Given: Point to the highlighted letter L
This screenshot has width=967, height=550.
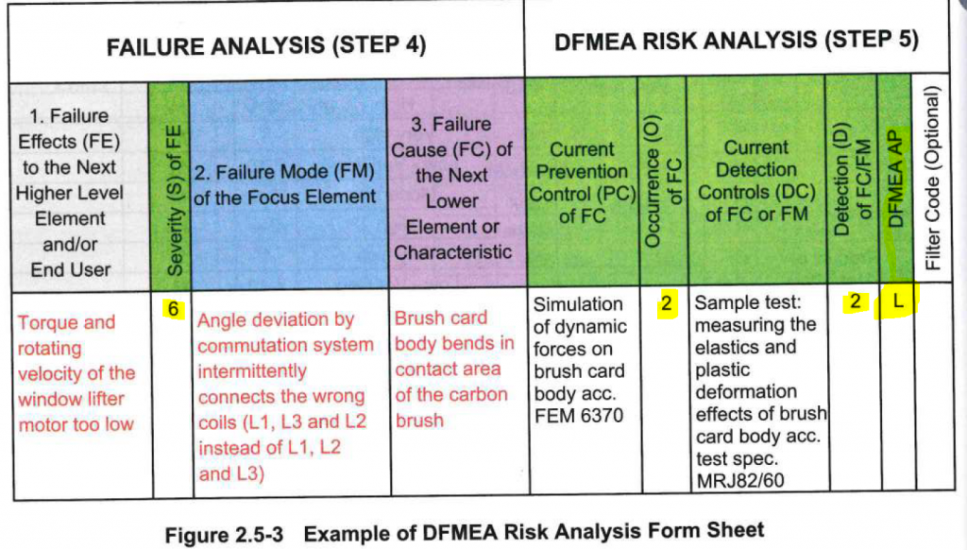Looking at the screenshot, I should click(x=899, y=302).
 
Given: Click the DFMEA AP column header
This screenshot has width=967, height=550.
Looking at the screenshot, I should click(x=897, y=180).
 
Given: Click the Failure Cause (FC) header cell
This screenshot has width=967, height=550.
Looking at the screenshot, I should click(x=452, y=188).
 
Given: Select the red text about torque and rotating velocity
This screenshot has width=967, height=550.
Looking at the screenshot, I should click(x=76, y=373).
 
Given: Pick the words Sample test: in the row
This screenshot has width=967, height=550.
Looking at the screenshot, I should click(x=747, y=304).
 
